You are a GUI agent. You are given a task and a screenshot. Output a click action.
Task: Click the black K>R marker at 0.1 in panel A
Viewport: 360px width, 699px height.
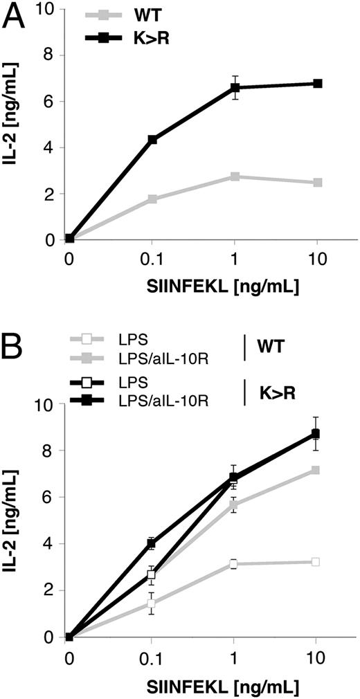click(x=152, y=140)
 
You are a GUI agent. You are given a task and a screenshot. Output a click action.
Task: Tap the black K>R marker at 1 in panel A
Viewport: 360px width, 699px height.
click(x=235, y=87)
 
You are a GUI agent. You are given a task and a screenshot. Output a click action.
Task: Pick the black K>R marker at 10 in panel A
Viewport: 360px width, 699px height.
click(x=317, y=84)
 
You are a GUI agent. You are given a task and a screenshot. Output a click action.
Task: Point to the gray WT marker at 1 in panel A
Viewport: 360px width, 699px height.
click(x=235, y=176)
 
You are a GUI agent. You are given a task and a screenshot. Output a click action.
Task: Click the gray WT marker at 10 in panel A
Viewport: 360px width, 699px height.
click(x=317, y=183)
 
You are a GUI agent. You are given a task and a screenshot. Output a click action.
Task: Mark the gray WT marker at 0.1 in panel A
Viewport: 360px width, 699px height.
click(x=152, y=199)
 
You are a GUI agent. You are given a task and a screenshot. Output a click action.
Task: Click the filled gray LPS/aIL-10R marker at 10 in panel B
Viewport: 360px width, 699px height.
click(x=316, y=470)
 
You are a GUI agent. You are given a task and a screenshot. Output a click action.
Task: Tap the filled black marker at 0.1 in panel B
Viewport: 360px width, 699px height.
click(x=151, y=543)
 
